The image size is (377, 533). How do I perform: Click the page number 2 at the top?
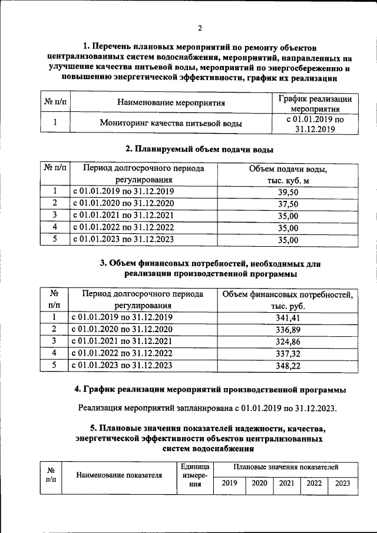point(200,28)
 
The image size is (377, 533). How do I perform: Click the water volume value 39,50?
point(287,192)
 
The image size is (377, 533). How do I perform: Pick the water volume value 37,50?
point(287,204)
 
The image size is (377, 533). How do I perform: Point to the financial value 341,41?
point(287,318)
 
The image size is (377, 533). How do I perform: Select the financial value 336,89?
point(287,329)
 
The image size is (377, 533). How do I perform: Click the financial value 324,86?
point(287,341)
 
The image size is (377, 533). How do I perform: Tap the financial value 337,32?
point(287,353)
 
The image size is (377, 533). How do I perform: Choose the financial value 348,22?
point(287,366)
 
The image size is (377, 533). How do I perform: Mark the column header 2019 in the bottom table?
point(230,484)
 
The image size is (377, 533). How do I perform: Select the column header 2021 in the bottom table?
point(286,484)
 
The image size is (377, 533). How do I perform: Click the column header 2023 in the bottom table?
point(342,484)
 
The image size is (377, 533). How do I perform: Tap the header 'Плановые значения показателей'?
point(286,466)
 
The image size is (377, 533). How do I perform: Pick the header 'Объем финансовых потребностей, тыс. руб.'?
point(287,300)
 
